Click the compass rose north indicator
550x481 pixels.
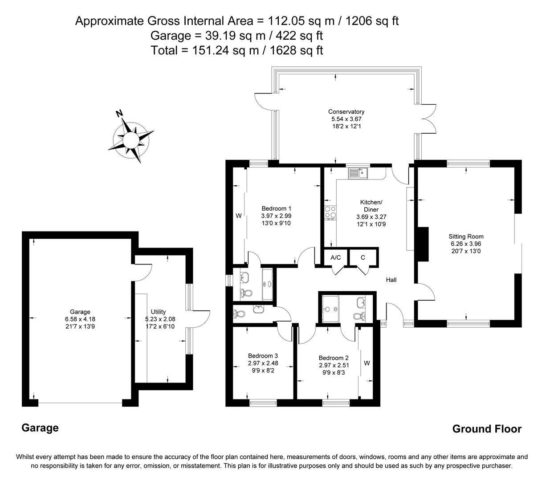[119, 114]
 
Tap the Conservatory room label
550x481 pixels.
[346, 112]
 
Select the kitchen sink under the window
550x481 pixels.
[357, 172]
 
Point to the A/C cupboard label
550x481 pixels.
[335, 257]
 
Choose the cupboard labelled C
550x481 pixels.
[363, 257]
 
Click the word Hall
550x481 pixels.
[391, 280]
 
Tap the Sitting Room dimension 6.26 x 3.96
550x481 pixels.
[466, 244]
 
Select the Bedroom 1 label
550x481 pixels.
[276, 208]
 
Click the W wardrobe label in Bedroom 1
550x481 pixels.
[238, 216]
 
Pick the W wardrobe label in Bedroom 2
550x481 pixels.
[367, 363]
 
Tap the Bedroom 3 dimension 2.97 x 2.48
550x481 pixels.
[263, 363]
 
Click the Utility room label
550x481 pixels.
[158, 312]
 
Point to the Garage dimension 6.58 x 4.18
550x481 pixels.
[80, 319]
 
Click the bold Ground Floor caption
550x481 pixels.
[486, 429]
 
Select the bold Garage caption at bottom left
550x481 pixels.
[40, 428]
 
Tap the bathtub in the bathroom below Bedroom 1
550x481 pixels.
[268, 283]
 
